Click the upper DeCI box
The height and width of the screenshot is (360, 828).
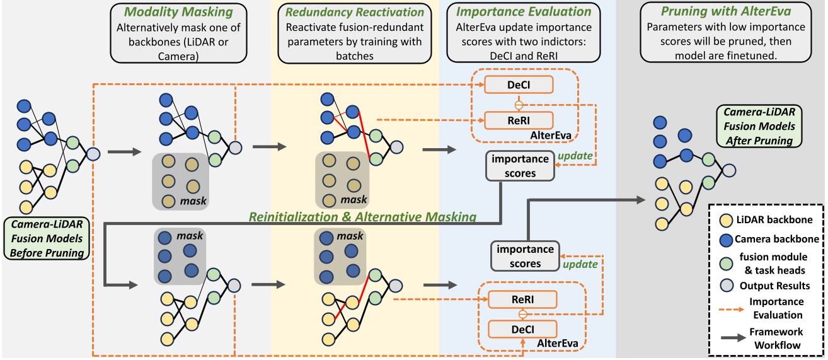pyautogui.click(x=518, y=84)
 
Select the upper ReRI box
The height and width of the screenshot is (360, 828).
pyautogui.click(x=518, y=119)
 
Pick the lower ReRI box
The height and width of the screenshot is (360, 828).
pyautogui.click(x=523, y=299)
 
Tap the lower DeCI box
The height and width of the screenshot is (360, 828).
pyautogui.click(x=523, y=328)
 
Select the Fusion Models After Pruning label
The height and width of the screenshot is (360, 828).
pyautogui.click(x=759, y=125)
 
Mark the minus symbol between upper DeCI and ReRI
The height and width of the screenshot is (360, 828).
pyautogui.click(x=518, y=103)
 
